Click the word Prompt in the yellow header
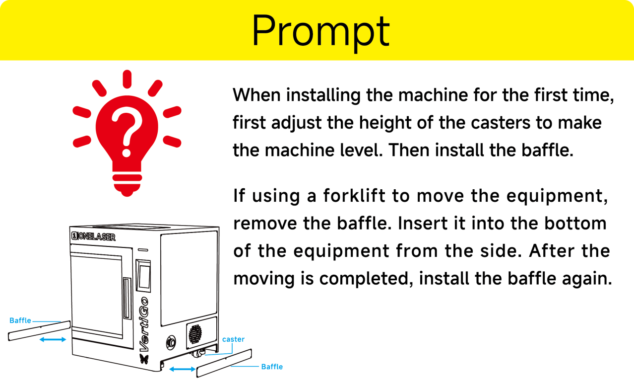point(320,31)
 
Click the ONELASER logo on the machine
point(93,236)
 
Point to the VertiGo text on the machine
point(144,324)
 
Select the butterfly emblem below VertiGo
point(144,359)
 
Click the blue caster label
point(233,339)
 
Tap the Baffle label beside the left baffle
point(20,320)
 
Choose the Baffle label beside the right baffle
point(272,367)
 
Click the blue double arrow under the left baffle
point(53,339)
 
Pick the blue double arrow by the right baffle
point(182,369)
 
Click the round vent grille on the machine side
point(195,334)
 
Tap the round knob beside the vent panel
point(171,342)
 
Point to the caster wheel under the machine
point(197,354)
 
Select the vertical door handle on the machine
point(127,298)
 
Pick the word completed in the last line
point(366,279)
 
